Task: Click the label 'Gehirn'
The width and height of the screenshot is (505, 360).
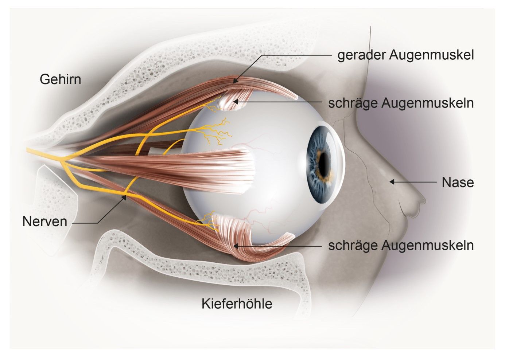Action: [60, 79]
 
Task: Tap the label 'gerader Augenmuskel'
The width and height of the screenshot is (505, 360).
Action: [405, 55]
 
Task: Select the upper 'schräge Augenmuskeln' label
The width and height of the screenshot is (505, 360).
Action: [401, 103]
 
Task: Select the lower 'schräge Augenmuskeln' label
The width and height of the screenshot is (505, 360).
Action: [401, 245]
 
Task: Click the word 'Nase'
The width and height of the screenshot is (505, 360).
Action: [458, 182]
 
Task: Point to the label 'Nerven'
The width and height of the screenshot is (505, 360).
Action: [45, 222]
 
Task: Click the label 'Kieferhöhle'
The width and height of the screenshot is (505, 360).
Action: [237, 304]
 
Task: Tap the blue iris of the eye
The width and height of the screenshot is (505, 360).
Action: [315, 182]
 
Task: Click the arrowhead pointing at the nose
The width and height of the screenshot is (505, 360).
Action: [392, 181]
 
